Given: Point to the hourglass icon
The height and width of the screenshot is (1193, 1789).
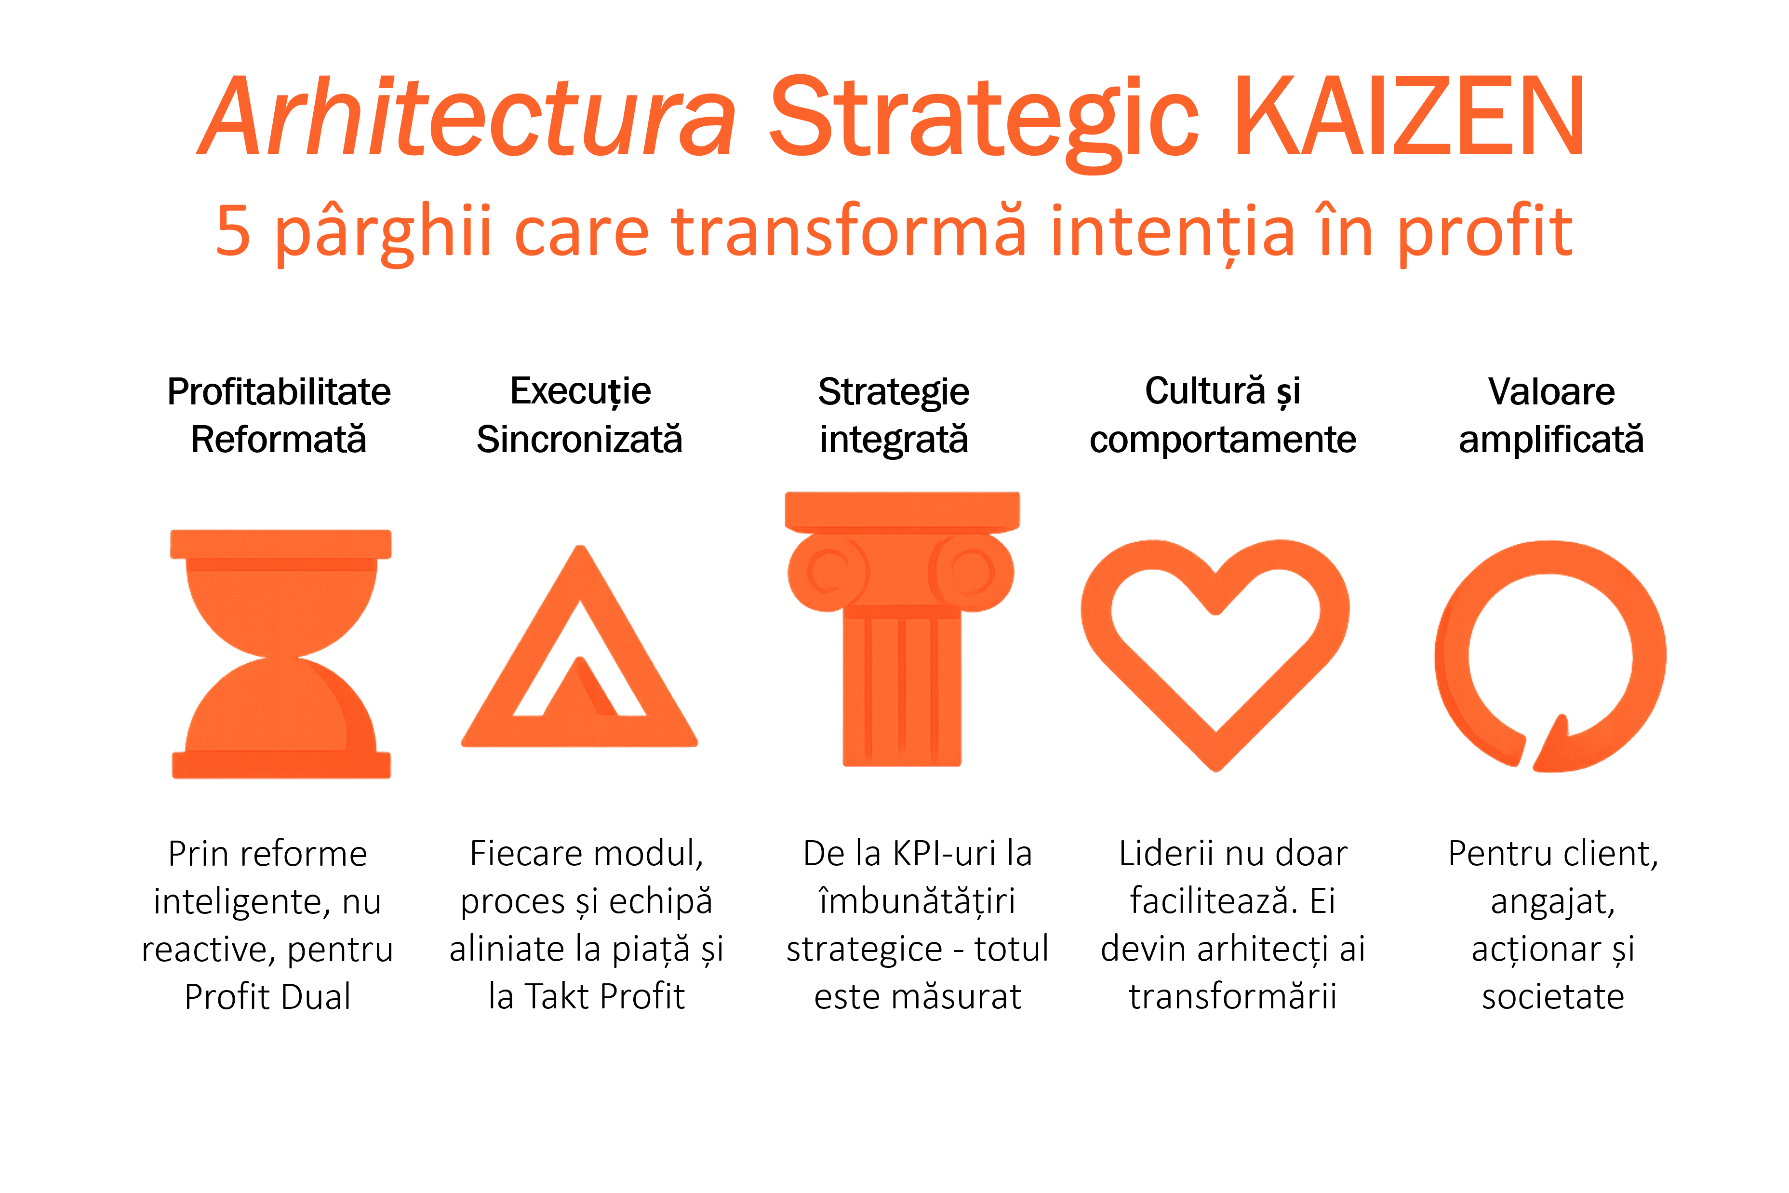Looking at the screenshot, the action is click(x=280, y=654).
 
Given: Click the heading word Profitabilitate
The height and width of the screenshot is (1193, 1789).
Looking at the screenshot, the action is click(x=279, y=392).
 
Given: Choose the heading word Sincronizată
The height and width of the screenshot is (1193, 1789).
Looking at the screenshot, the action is click(x=580, y=440).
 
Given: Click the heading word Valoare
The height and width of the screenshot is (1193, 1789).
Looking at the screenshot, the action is click(x=1552, y=392).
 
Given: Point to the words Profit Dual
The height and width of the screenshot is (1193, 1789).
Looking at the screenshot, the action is click(x=268, y=997).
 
